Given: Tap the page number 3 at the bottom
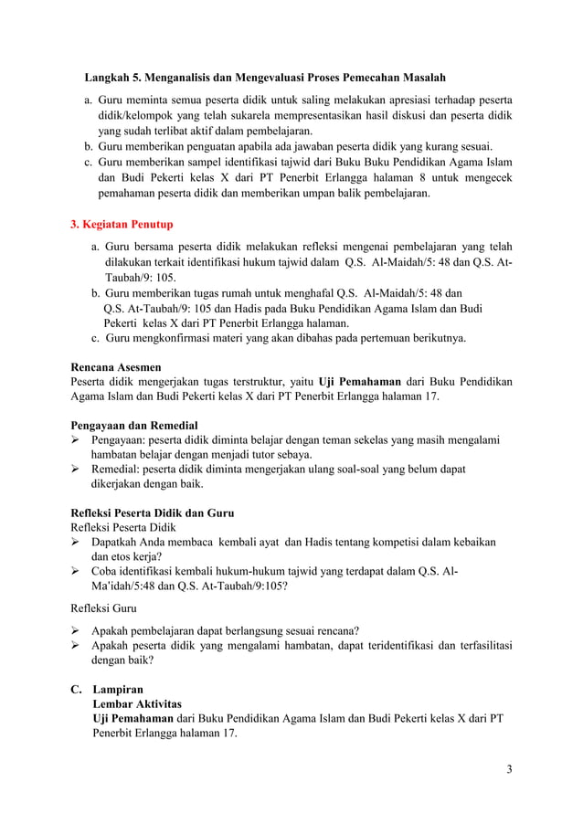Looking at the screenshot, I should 509,767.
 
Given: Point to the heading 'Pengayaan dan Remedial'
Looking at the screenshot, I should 134,425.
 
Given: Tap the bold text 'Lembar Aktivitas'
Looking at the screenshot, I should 136,703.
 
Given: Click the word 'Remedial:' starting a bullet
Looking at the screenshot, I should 117,470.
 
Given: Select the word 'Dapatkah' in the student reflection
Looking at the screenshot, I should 116,542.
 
